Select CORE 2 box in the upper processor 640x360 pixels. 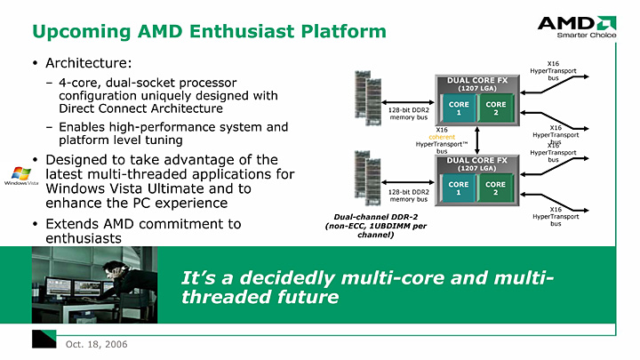tap(496, 108)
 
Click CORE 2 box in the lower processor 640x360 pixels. tap(496, 188)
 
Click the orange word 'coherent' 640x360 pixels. tap(442, 136)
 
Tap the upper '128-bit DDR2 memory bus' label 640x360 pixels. tap(409, 113)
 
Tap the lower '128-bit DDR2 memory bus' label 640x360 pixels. tap(409, 195)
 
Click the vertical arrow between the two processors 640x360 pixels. tap(478, 138)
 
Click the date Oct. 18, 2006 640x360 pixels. tap(89, 343)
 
